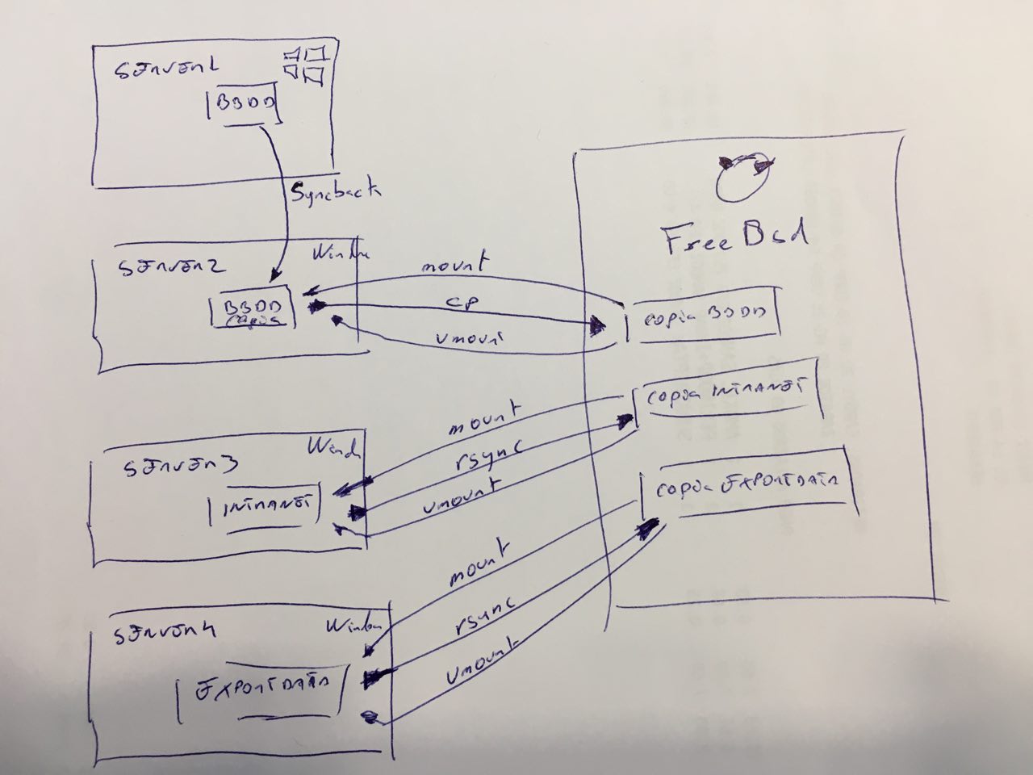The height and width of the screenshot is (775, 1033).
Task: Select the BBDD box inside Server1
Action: point(245,107)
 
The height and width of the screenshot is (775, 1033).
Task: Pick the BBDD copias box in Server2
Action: point(253,309)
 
